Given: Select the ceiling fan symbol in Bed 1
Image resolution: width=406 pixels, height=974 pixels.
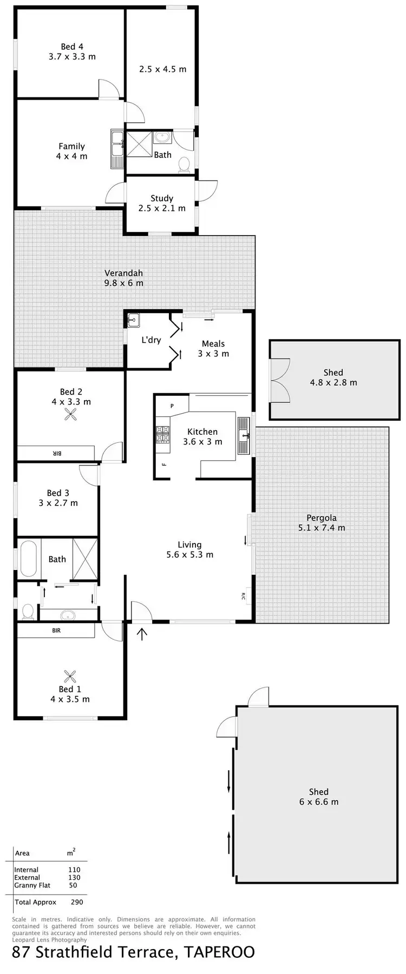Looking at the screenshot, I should [x=70, y=675].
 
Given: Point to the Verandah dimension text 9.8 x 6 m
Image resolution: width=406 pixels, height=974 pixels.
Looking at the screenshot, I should [x=124, y=283].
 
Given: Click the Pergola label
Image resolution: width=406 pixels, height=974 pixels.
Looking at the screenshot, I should [x=322, y=518].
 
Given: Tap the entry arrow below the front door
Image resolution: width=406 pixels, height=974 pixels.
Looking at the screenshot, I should [x=142, y=633].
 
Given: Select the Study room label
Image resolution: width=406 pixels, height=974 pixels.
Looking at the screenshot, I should [x=162, y=198].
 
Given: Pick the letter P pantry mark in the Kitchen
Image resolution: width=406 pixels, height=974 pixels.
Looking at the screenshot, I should [x=172, y=406].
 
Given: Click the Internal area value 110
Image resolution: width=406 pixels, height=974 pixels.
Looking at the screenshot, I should [x=74, y=870].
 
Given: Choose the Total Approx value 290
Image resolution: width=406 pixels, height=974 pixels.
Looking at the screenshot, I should [x=77, y=902].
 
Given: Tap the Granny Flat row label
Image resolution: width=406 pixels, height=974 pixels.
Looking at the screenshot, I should [x=32, y=885].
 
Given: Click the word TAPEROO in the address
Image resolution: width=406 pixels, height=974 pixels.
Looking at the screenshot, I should [x=219, y=952].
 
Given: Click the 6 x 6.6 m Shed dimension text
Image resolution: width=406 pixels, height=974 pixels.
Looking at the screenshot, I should [x=319, y=801].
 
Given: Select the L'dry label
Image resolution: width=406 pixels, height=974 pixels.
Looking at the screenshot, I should [x=151, y=340].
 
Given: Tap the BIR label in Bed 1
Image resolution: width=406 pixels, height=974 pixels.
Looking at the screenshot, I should [x=56, y=631].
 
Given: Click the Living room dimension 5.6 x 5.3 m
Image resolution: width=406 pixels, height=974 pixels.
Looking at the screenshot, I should [x=189, y=554].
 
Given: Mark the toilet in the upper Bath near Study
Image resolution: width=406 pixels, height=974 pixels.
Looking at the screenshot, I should [x=184, y=163].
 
